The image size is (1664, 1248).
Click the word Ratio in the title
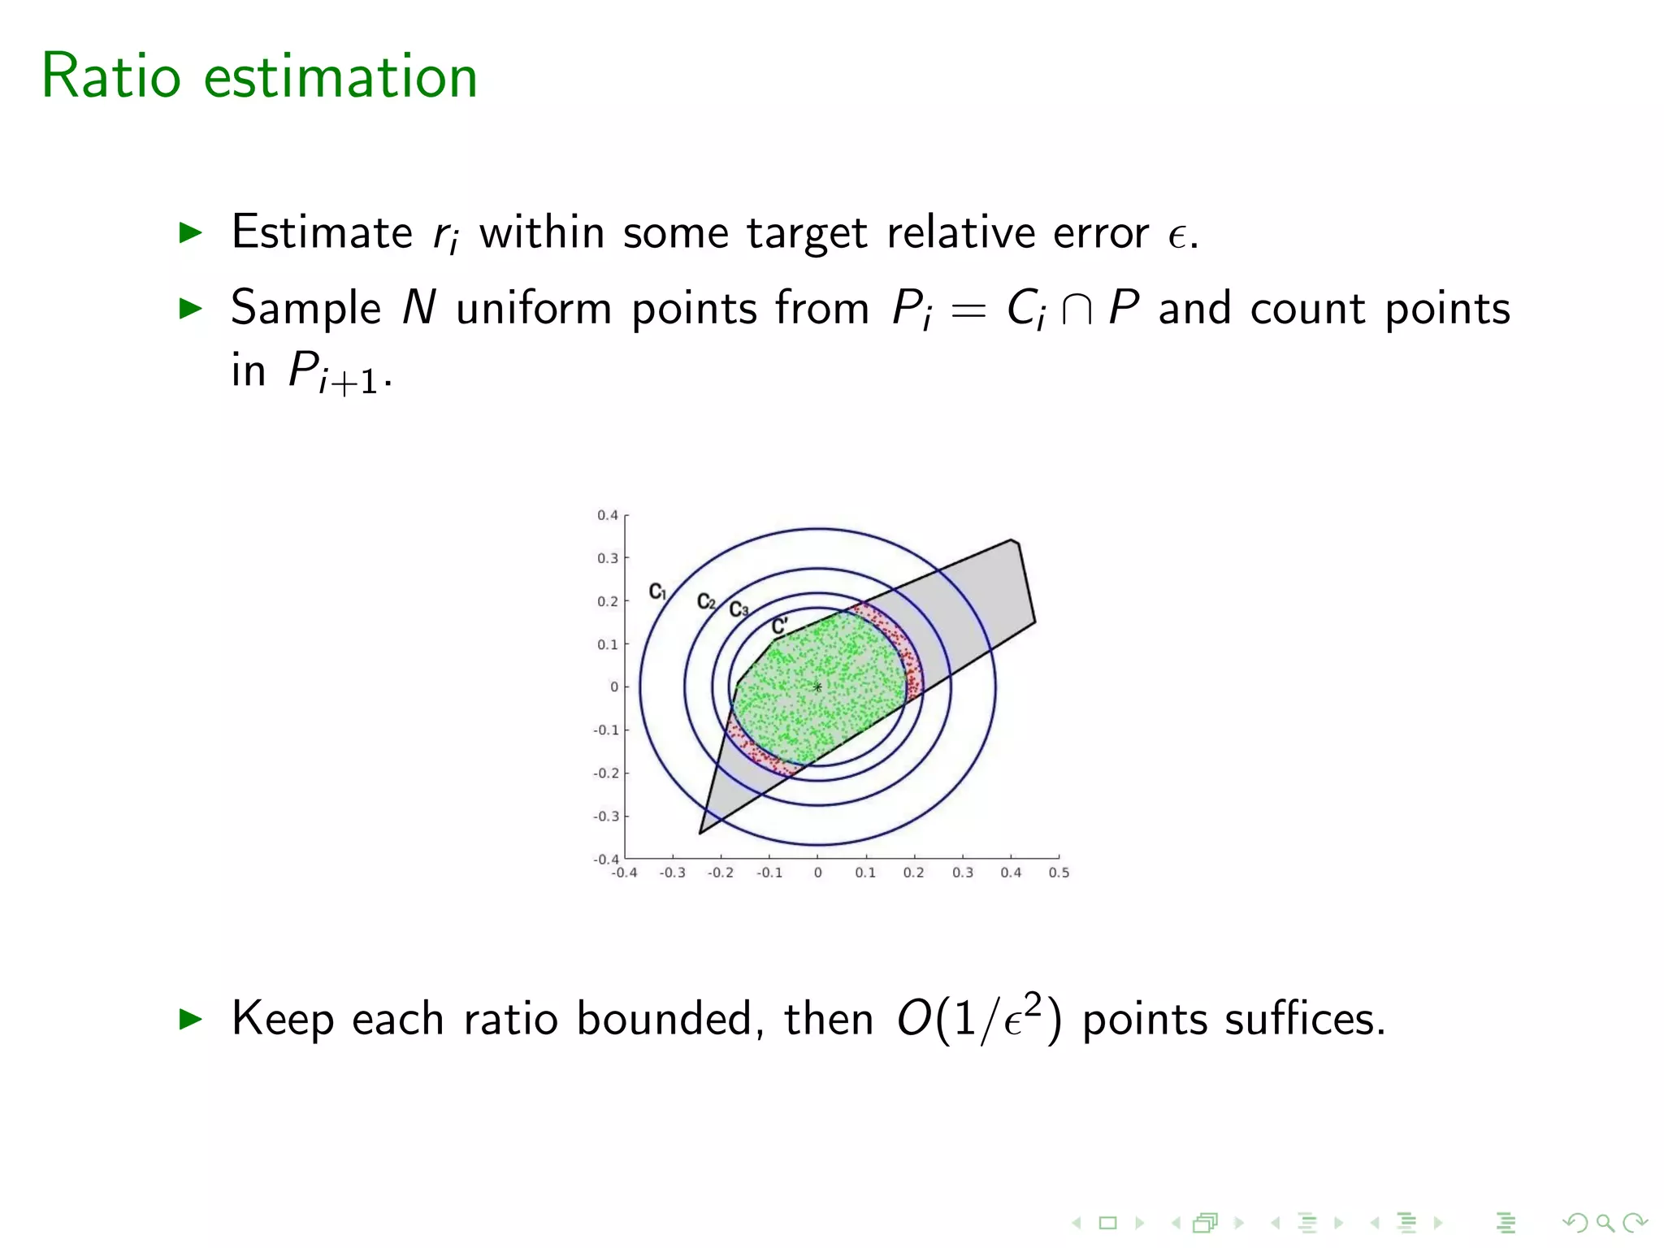click(110, 76)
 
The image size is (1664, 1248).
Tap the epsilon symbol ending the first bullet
click(1176, 236)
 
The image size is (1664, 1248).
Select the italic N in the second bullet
click(419, 309)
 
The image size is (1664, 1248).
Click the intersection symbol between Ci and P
click(1077, 311)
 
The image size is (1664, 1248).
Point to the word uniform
click(534, 309)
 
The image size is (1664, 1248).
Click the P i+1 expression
click(333, 374)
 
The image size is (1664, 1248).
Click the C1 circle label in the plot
click(657, 591)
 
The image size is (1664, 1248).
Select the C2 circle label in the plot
click(706, 601)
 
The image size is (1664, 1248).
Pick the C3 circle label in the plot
click(738, 609)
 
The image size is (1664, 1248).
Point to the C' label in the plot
click(779, 626)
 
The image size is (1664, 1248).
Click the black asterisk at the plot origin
click(817, 687)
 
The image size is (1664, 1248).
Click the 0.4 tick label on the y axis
click(607, 515)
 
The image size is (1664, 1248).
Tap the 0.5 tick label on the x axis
click(1059, 873)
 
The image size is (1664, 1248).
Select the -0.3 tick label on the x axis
click(672, 873)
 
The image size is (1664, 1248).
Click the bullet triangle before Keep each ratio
click(190, 1019)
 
